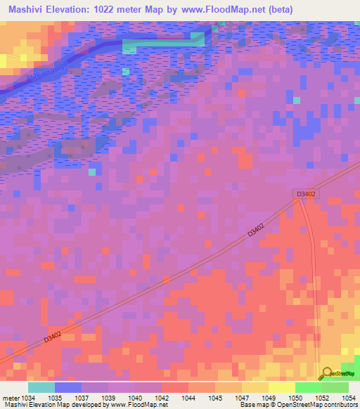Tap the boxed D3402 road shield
(x=304, y=193)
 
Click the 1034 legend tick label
(x=30, y=397)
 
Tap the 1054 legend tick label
(x=349, y=397)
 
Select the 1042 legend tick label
(x=162, y=397)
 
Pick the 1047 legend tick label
(x=242, y=397)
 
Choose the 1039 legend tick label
(x=108, y=397)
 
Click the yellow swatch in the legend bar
(x=281, y=387)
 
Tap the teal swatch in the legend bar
(x=41, y=387)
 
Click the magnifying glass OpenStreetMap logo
(x=327, y=373)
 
